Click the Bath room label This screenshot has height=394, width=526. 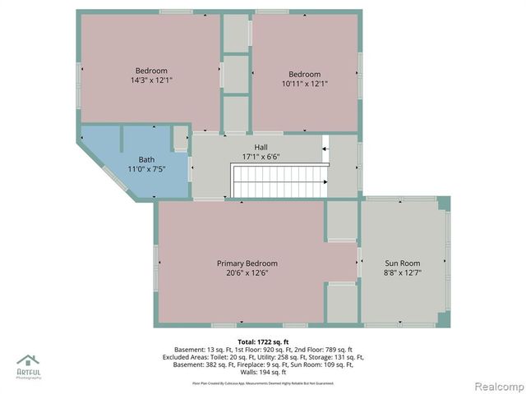pyautogui.click(x=146, y=159)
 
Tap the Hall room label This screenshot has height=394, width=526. pyautogui.click(x=261, y=146)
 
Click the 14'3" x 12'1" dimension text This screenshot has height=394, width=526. pyautogui.click(x=151, y=80)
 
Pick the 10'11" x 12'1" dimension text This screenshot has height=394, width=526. pyautogui.click(x=304, y=84)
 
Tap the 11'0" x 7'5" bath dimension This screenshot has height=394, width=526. pyautogui.click(x=146, y=168)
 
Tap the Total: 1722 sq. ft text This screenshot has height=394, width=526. pyautogui.click(x=263, y=341)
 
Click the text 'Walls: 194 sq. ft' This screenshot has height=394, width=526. pyautogui.click(x=263, y=372)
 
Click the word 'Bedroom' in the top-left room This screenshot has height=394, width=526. pyautogui.click(x=151, y=71)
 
